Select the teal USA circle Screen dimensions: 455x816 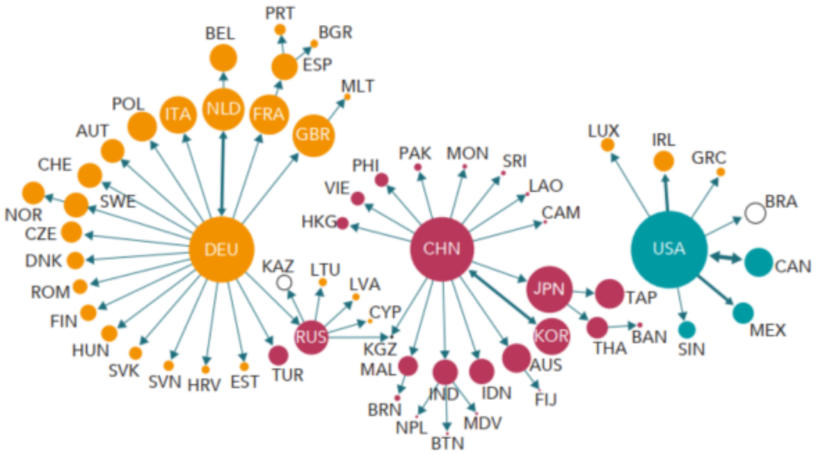click(x=669, y=249)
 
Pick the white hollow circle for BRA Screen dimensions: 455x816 click(x=755, y=213)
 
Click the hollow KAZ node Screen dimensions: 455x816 click(x=284, y=283)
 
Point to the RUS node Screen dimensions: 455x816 click(x=311, y=337)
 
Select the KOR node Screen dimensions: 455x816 click(x=551, y=335)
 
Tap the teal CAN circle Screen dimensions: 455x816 click(x=759, y=262)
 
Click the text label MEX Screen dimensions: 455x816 click(x=768, y=330)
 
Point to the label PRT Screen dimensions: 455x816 click(x=280, y=12)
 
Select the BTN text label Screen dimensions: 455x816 click(x=447, y=444)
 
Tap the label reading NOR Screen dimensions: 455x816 click(x=23, y=215)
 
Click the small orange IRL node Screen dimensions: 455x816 click(x=663, y=161)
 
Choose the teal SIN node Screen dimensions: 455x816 click(x=686, y=330)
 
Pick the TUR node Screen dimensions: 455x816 click(x=278, y=354)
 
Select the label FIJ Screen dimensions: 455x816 click(x=545, y=400)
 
